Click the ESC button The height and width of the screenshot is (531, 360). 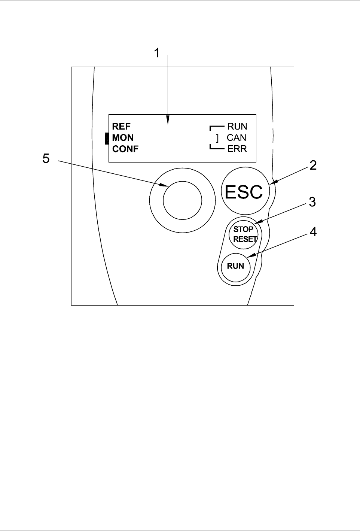click(x=245, y=191)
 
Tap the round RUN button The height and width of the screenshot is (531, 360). click(x=235, y=266)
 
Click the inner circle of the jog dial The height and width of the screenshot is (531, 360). click(x=182, y=200)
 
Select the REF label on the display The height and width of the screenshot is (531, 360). click(x=121, y=127)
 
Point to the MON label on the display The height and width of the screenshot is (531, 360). click(x=123, y=138)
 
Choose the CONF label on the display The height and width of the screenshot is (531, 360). click(x=125, y=149)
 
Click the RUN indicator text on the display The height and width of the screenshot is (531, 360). click(x=237, y=127)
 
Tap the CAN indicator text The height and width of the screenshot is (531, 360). click(x=237, y=138)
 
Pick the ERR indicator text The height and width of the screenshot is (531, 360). click(x=237, y=149)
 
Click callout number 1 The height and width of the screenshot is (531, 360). click(x=157, y=54)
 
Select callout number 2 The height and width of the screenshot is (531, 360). click(x=313, y=165)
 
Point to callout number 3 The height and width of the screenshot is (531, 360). click(x=312, y=202)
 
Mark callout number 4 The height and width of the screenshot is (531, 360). click(x=313, y=232)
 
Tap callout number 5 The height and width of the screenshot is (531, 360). click(x=46, y=159)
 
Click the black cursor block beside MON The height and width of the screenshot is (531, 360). click(x=107, y=138)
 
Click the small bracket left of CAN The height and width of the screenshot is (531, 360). click(x=217, y=138)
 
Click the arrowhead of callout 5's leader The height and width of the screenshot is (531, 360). click(x=165, y=185)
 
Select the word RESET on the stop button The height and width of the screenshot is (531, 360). click(x=245, y=239)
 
